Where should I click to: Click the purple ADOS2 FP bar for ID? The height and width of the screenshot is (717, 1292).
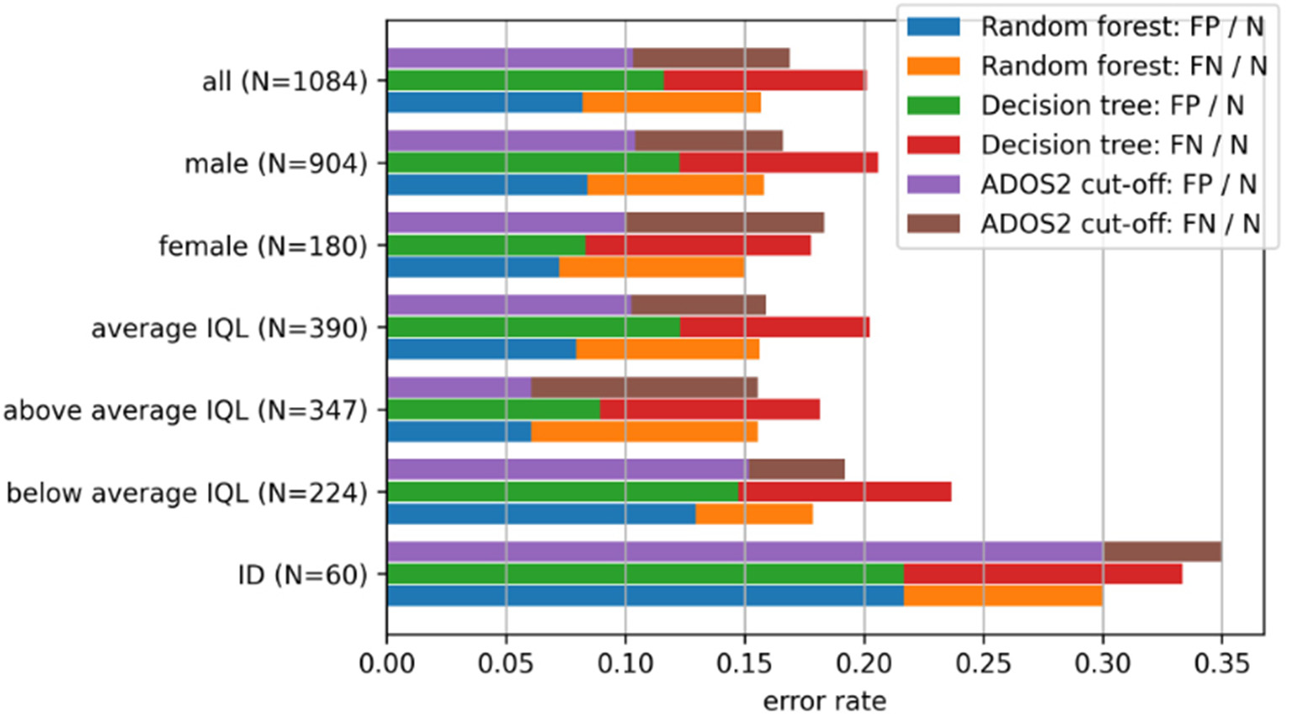(x=744, y=552)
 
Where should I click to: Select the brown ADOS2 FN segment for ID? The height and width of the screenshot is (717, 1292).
(x=1162, y=552)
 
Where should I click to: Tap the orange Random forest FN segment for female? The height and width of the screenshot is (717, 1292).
(x=651, y=267)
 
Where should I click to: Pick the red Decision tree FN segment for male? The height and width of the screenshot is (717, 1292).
(x=778, y=162)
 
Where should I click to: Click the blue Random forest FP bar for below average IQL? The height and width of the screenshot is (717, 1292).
(x=541, y=513)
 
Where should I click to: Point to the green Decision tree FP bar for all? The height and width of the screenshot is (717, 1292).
(x=525, y=81)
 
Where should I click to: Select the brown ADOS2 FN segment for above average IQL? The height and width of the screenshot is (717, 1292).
(x=644, y=387)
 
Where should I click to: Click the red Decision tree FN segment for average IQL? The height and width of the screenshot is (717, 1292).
(x=774, y=327)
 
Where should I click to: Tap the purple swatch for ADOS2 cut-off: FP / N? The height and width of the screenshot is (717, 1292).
(x=933, y=184)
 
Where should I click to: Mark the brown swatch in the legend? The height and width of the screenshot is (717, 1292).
(x=933, y=224)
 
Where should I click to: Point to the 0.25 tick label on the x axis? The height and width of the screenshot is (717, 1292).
(x=982, y=664)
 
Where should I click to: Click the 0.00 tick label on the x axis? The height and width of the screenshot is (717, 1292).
(x=386, y=664)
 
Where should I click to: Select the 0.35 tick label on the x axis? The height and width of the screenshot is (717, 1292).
(x=1220, y=664)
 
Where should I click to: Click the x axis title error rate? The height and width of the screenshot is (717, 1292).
(x=824, y=701)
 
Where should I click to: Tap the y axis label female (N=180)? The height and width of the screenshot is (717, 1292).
(x=263, y=246)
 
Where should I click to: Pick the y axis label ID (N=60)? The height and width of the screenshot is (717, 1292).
(x=302, y=575)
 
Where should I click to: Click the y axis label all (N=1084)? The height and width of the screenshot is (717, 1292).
(x=284, y=82)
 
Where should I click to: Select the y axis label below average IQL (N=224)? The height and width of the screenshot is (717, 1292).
(x=187, y=492)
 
